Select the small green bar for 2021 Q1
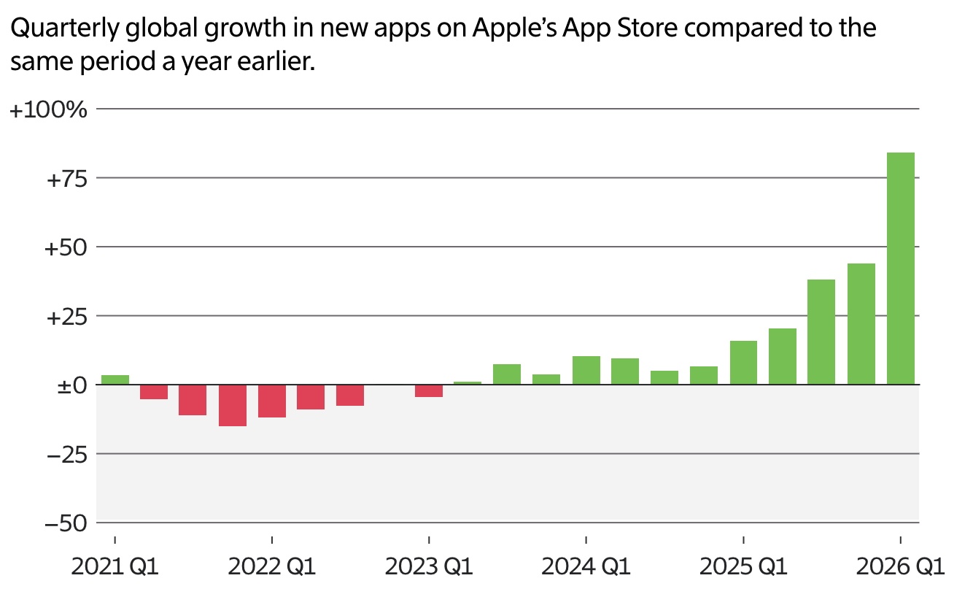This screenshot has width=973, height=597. point(115,380)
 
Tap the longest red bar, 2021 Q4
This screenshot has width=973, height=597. point(233,405)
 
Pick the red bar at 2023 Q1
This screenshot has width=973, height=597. point(429,390)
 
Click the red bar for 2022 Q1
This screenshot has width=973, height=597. point(272,401)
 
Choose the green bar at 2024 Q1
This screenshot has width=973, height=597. point(586,370)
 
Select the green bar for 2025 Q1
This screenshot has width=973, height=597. point(743,363)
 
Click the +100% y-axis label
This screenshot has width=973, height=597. point(48,110)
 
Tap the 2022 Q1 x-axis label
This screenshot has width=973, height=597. point(272,567)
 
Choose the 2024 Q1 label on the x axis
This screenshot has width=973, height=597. point(586,567)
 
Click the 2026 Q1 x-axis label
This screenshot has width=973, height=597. point(900,567)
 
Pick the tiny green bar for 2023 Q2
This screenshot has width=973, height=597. point(468,382)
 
